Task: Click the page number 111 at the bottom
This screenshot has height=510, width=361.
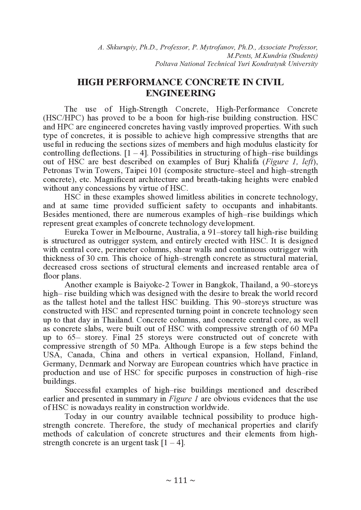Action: pos(180,480)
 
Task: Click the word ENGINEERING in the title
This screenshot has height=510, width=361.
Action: pos(180,93)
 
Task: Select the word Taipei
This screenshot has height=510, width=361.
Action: pos(139,170)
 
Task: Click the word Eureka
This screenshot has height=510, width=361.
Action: pos(76,232)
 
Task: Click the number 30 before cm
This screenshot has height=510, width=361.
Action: pos(90,258)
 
